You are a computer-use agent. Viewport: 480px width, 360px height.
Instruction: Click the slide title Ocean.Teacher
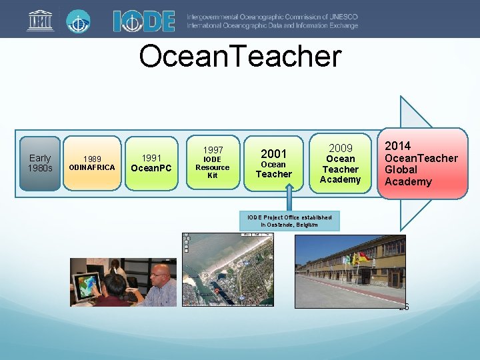point(239,57)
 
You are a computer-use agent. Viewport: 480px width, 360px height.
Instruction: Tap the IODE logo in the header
point(143,21)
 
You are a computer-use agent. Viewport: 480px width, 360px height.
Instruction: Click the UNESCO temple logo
point(39,21)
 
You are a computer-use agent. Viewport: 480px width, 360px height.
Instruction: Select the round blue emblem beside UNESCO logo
point(79,21)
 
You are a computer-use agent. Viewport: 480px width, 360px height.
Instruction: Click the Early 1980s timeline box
point(40,163)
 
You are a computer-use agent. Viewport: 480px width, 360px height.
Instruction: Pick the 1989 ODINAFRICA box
point(92,163)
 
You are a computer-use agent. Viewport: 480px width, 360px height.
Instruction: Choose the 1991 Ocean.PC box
point(152,163)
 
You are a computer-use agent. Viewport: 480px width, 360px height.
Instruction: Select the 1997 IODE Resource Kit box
point(213,163)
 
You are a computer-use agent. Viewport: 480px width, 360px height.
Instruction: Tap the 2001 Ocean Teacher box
point(273,163)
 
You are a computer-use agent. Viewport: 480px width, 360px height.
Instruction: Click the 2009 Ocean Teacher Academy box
point(340,163)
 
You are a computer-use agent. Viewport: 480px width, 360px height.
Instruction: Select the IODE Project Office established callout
point(289,221)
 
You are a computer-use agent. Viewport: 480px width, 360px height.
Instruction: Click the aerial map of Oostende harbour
point(227,269)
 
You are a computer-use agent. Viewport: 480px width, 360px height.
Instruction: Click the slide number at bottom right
point(403,307)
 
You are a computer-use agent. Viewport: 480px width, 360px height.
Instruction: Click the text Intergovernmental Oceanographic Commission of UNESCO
point(272,16)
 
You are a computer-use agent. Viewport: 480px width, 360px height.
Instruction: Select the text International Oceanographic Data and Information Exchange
point(272,25)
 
